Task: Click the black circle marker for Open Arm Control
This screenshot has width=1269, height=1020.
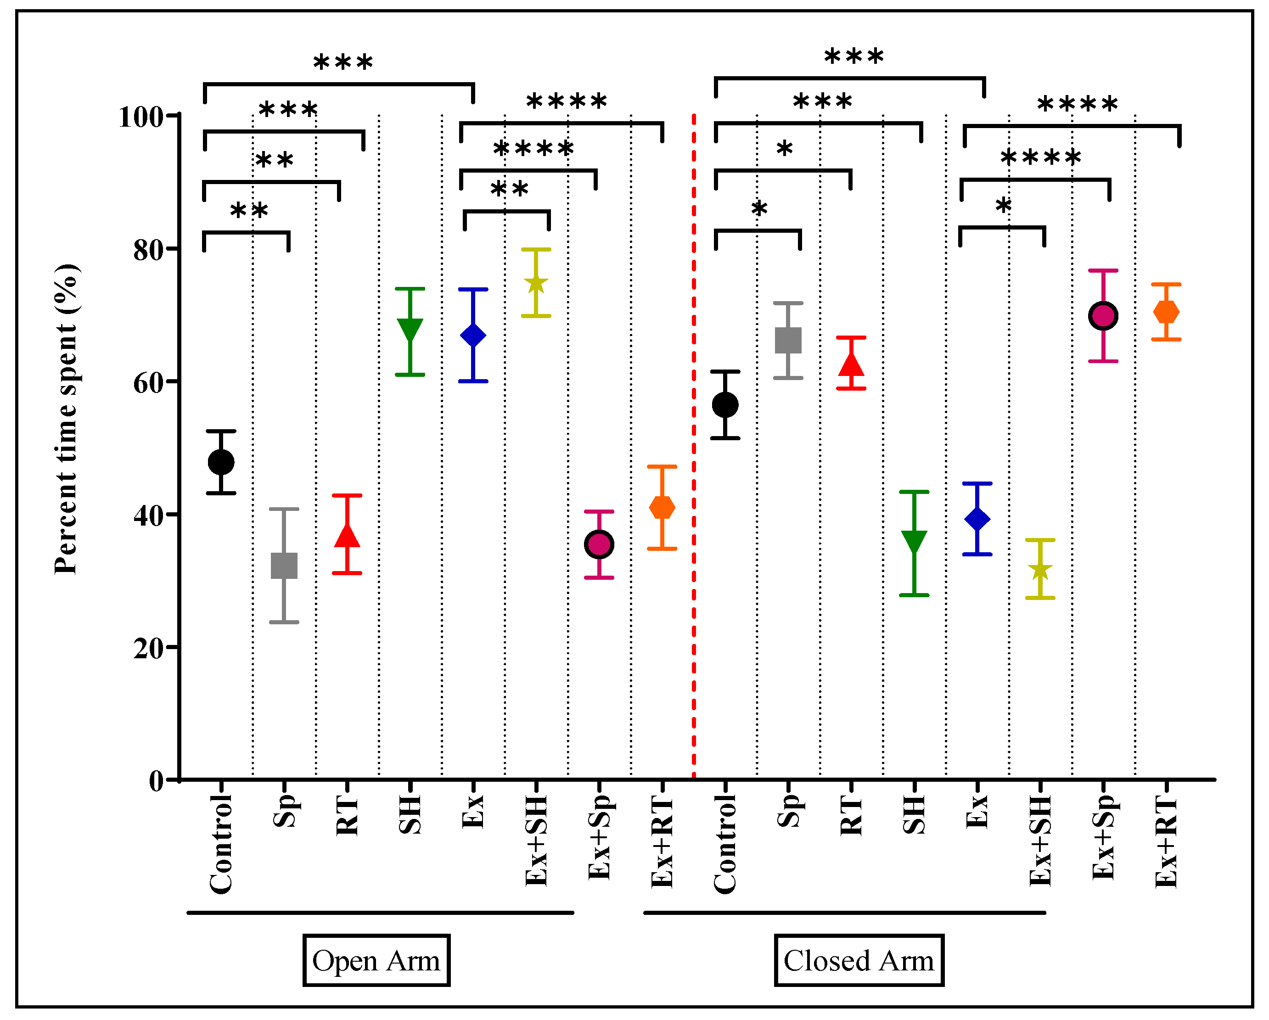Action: [x=221, y=462]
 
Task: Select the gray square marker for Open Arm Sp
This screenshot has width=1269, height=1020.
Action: [x=284, y=566]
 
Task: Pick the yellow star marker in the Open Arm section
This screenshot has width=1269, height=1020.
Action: [x=536, y=284]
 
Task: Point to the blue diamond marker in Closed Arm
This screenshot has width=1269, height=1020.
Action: [x=977, y=519]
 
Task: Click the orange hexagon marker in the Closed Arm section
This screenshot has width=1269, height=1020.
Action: [x=1166, y=312]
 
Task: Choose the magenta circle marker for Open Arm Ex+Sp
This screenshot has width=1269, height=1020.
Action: [x=599, y=544]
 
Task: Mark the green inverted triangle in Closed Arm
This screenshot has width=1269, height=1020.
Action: [x=914, y=542]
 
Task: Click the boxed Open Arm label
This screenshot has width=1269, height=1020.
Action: [x=376, y=961]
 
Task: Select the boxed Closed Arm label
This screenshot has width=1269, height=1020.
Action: [x=859, y=961]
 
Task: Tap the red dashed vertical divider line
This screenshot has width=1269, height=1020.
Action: [x=694, y=447]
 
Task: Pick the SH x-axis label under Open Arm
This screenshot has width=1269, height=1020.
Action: [x=410, y=815]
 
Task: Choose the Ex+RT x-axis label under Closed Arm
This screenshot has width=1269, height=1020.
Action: [x=1166, y=842]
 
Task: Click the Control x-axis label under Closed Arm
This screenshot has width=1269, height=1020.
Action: [x=725, y=843]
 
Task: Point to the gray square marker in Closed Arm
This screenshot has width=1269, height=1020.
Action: [x=788, y=340]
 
